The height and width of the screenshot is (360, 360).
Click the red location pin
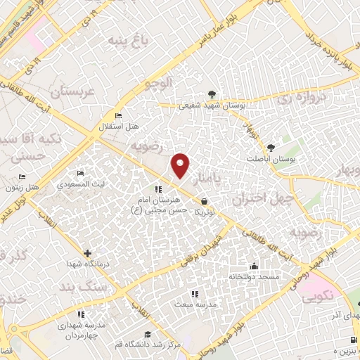click(x=181, y=165)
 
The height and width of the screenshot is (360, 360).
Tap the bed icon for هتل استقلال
click(x=117, y=115)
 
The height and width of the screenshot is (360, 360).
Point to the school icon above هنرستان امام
click(x=157, y=188)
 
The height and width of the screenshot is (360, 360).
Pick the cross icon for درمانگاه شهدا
click(x=87, y=253)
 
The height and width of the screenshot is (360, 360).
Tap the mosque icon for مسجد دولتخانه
click(x=253, y=266)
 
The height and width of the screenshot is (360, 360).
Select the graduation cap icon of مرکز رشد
click(x=148, y=334)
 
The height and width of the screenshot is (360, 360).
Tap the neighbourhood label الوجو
click(x=158, y=84)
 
